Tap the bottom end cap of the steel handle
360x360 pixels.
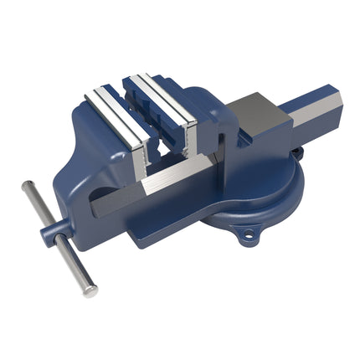(x=88, y=290)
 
